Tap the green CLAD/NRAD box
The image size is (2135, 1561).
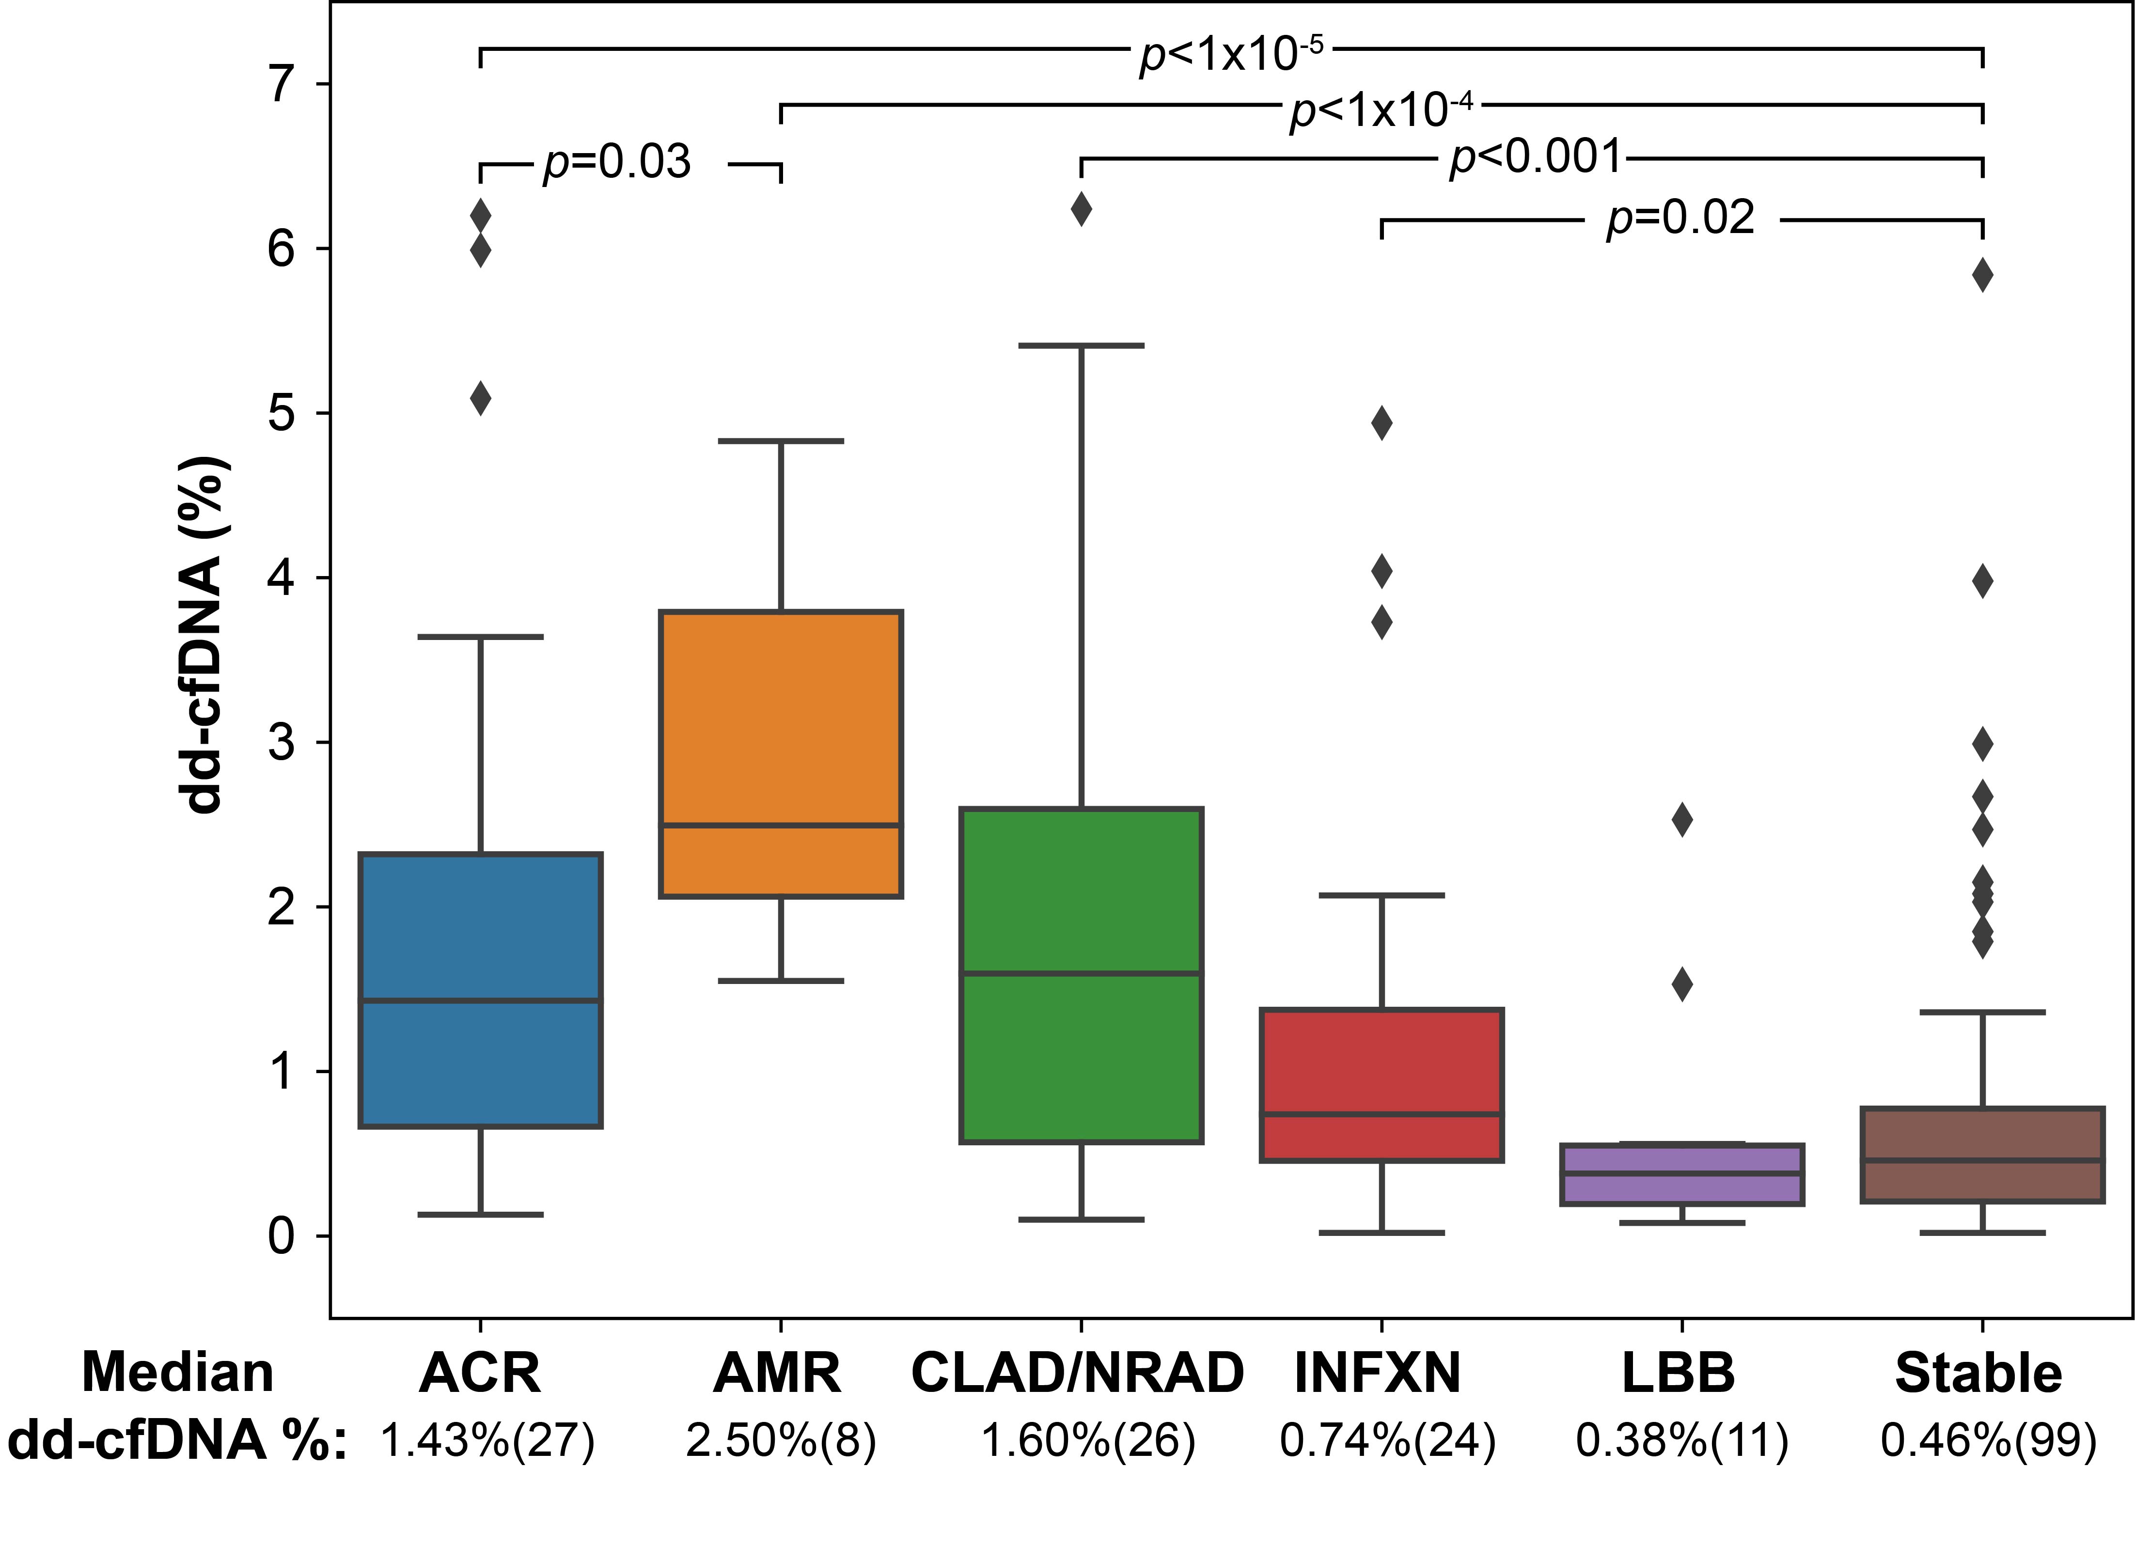click(1080, 975)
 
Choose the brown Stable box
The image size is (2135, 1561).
click(1982, 1155)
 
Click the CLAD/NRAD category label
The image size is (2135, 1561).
click(1077, 1373)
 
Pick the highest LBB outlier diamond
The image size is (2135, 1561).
click(1681, 820)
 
